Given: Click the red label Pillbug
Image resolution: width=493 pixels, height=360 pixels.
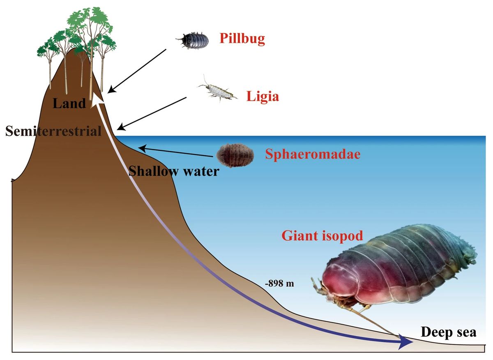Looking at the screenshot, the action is (242, 39).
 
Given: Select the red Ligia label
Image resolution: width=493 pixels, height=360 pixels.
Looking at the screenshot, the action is (263, 97).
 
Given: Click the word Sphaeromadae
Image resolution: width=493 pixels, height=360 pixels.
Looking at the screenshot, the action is (313, 154).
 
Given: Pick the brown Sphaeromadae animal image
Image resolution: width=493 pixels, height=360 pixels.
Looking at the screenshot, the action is (235, 155).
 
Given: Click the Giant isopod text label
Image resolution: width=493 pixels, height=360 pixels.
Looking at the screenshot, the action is (322, 236).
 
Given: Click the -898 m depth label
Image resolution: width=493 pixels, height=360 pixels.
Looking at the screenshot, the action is (279, 284).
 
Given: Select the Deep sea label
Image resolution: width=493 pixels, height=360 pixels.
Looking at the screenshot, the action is (449, 332).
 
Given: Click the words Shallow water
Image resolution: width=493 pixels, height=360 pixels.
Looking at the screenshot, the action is (174, 171).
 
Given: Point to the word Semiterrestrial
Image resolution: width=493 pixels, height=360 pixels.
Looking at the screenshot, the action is (53, 131).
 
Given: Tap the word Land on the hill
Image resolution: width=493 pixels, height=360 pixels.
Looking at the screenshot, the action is (69, 103).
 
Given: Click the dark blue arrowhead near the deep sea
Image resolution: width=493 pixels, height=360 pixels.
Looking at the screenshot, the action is (405, 342).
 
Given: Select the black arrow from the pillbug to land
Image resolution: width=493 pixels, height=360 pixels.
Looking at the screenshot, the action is (137, 71).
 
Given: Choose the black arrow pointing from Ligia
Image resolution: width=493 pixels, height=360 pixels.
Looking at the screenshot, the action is (152, 113).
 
